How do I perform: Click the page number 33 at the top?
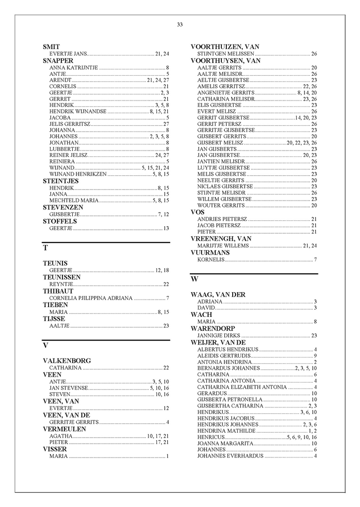[180, 25]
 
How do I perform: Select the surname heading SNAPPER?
[58, 60]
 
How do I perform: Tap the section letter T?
[46, 247]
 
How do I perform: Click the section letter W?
[195, 279]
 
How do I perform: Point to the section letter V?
[46, 345]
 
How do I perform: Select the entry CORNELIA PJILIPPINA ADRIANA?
[91, 298]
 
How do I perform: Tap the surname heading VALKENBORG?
[67, 361]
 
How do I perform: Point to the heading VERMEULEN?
[64, 428]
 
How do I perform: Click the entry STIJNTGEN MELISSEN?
[225, 53]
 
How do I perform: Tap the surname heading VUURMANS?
[210, 253]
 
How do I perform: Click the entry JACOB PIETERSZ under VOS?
[219, 225]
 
